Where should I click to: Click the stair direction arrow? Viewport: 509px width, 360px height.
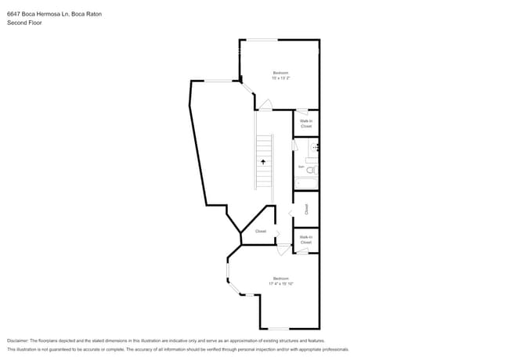click(263, 160)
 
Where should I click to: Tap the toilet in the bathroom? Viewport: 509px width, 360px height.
click(310, 170)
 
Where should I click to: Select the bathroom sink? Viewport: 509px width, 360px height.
click(315, 146)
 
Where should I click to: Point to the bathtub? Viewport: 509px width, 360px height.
click(306, 183)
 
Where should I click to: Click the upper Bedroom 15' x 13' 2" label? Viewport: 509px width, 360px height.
click(280, 75)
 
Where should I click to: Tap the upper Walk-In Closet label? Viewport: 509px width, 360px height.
click(306, 123)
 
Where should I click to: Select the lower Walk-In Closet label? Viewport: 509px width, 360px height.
click(305, 239)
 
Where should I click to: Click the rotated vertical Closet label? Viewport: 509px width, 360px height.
click(306, 209)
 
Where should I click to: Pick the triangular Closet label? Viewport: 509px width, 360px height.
click(261, 232)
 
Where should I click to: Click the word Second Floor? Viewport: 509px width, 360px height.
click(25, 23)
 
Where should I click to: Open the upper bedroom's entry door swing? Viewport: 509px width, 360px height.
click(265, 105)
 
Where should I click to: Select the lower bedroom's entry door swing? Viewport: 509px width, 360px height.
click(283, 250)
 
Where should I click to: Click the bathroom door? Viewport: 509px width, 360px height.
click(294, 145)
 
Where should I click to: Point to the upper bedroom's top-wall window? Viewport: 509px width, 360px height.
click(263, 40)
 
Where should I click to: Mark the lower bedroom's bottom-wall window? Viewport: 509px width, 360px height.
click(280, 329)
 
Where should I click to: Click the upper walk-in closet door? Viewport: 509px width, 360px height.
click(301, 112)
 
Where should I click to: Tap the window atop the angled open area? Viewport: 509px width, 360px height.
click(218, 81)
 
